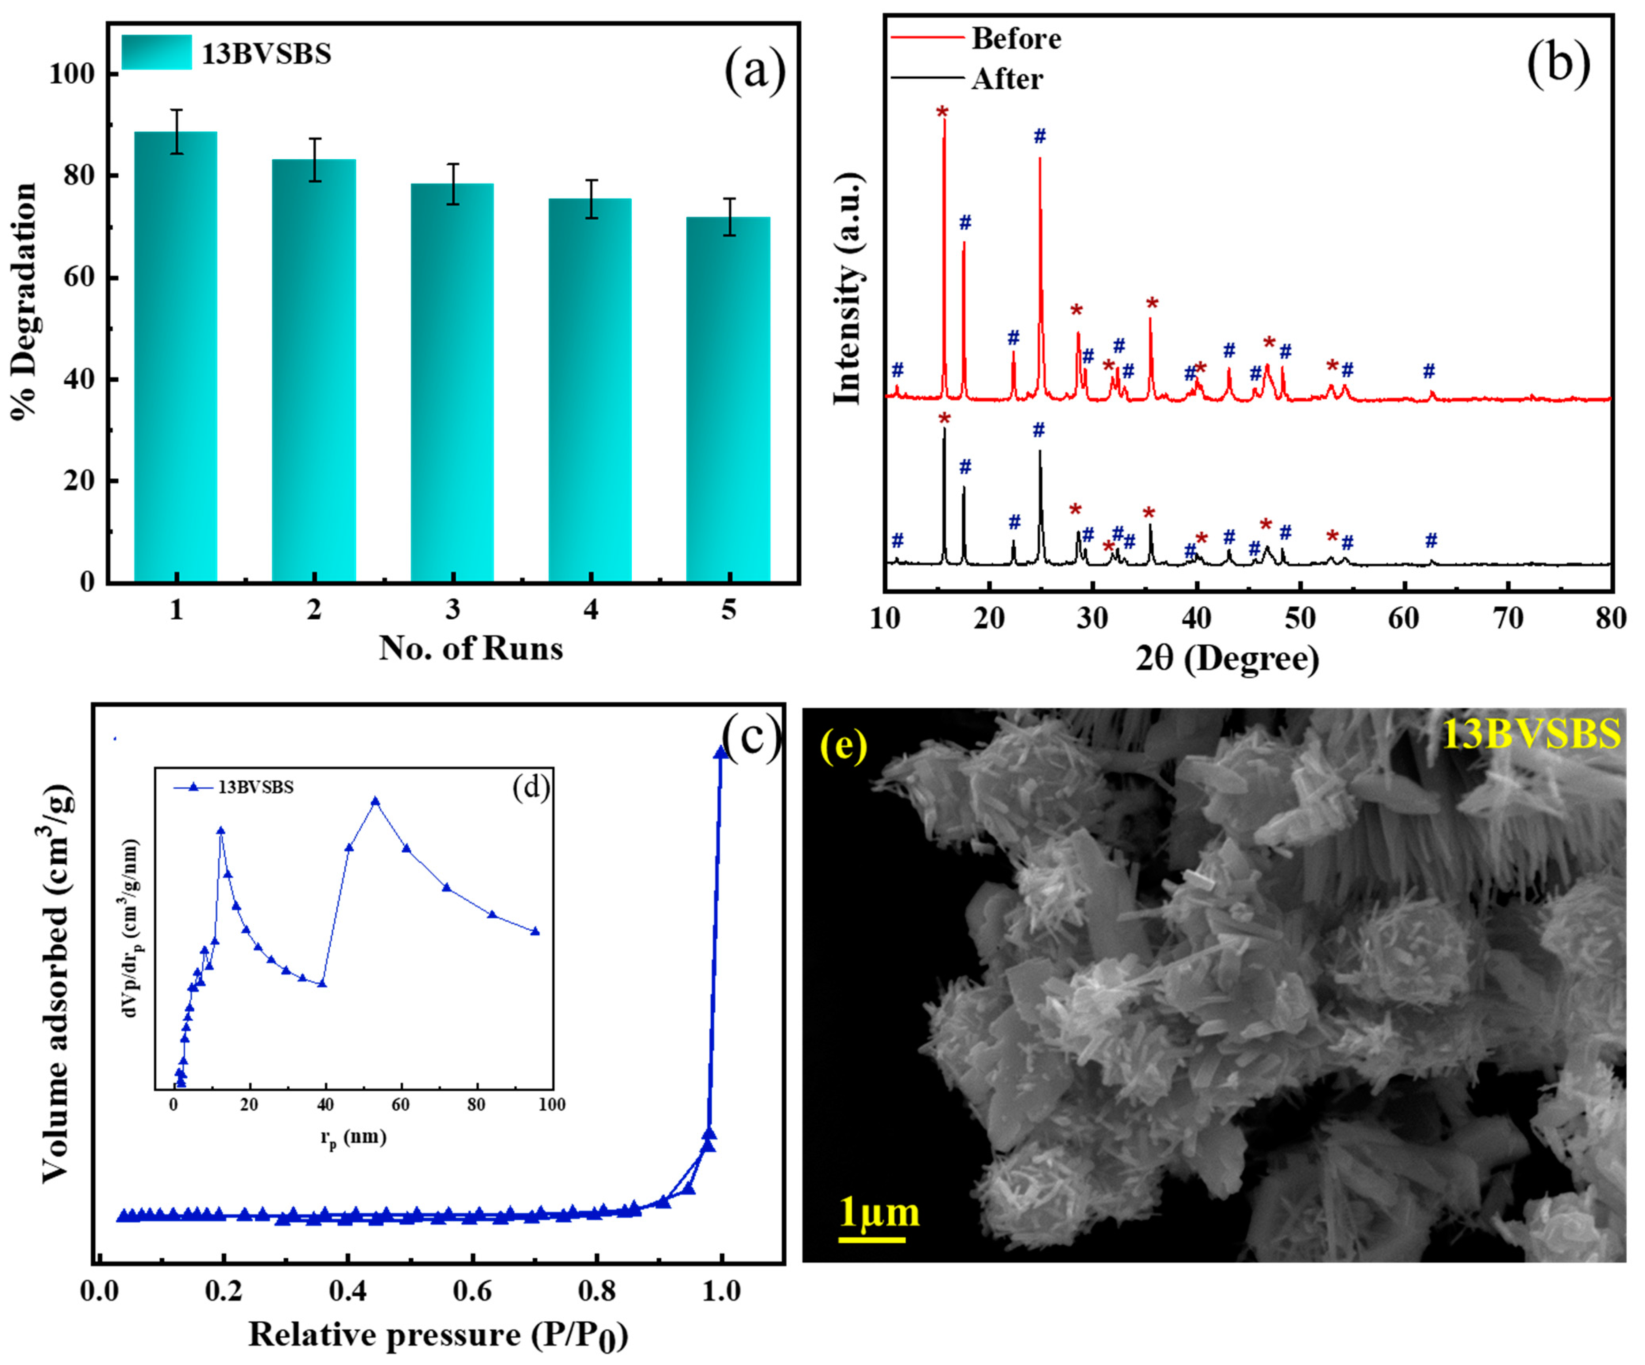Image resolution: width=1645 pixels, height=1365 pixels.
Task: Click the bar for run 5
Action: coord(729,399)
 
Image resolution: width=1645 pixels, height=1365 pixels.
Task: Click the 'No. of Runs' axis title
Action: coord(471,649)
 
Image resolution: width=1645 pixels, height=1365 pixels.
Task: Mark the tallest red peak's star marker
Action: coord(942,112)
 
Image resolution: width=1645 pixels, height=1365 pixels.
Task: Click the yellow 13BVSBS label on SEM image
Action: coord(1532,734)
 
